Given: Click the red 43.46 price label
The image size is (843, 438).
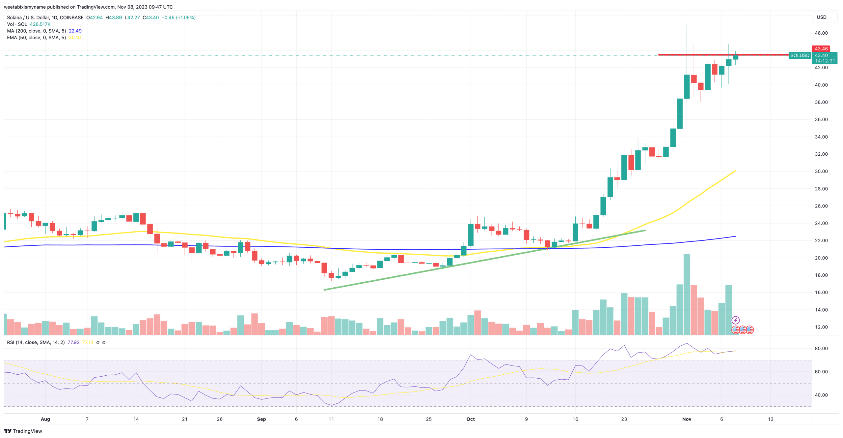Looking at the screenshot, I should (821, 49).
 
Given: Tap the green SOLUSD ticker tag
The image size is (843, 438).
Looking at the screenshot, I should (800, 55).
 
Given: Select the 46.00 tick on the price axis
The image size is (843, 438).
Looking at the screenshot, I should (821, 33).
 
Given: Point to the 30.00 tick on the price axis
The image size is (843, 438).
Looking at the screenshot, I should (821, 171).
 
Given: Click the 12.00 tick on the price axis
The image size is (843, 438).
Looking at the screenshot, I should (821, 327).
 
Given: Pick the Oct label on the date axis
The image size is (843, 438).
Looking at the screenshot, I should (470, 419).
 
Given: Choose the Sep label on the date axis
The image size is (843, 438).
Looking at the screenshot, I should (261, 419).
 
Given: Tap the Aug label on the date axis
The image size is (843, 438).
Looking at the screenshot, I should (45, 419).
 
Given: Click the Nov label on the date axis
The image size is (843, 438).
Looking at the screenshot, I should (687, 419).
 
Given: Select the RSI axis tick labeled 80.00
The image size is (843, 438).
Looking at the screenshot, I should (821, 348).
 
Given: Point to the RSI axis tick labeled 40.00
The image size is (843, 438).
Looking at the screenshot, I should (821, 395).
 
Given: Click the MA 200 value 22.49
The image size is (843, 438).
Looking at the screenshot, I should (75, 31).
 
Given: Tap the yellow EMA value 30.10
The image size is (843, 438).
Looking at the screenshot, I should (75, 38).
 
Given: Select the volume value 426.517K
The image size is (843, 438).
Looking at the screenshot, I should (40, 24).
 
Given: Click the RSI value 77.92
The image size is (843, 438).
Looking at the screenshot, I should (73, 342).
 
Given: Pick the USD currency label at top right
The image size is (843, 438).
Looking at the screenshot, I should (821, 17).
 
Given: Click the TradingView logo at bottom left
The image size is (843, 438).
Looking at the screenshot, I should (23, 431).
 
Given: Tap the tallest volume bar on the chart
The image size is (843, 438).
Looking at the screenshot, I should (687, 294).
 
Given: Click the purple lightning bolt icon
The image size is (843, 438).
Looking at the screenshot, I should (735, 320).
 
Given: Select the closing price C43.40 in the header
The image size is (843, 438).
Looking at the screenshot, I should (150, 17).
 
